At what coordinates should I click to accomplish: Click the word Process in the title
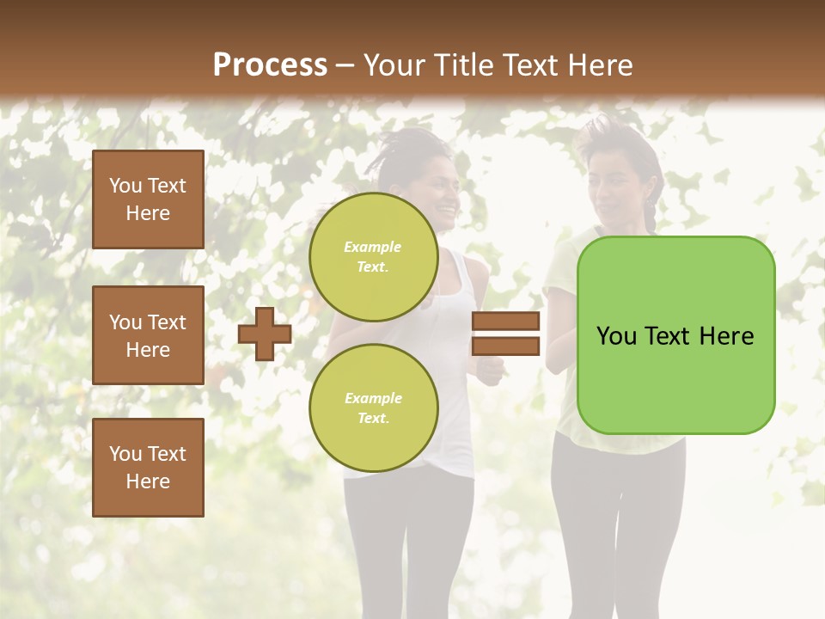pos(270,65)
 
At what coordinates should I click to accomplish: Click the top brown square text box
pos(148,199)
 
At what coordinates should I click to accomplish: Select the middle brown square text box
pos(148,335)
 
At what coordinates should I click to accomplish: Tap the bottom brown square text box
pos(148,468)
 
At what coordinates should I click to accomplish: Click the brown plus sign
pos(265,334)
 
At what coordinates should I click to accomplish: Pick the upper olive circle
pos(373,257)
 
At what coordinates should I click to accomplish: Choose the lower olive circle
pos(373,408)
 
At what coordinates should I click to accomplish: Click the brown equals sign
pos(505,334)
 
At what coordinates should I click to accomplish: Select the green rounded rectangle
pos(675,335)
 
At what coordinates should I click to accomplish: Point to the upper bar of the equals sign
pos(505,322)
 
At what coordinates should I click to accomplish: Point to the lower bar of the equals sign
pos(505,346)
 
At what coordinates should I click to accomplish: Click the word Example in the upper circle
pos(373,247)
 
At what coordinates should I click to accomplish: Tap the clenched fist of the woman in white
pos(490,371)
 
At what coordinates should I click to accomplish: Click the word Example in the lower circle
pos(373,398)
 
